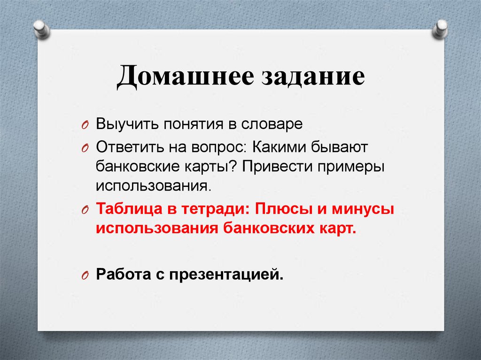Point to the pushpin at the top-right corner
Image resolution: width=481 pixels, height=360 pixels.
(440, 29)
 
